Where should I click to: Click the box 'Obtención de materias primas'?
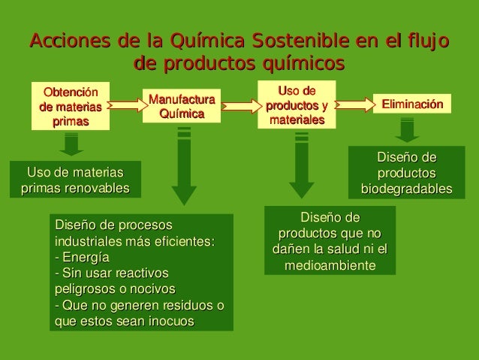coord(70,105)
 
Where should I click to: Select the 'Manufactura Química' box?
coord(181,107)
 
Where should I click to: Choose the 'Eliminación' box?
coord(412,103)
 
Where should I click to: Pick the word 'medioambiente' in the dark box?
coord(330,265)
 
